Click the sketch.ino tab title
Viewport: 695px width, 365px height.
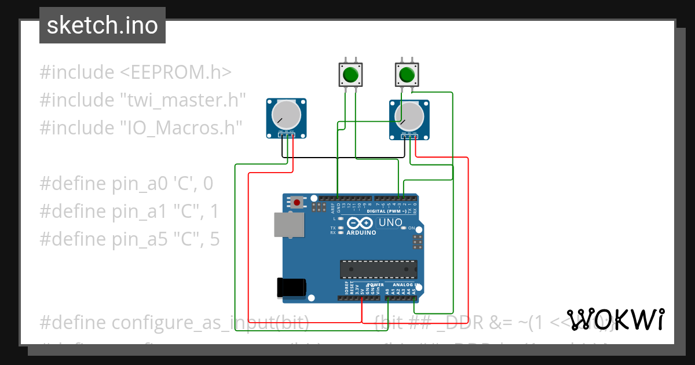(102, 25)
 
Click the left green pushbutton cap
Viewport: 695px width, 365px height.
(350, 75)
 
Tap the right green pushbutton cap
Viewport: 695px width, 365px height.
(407, 75)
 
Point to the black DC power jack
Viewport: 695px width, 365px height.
(291, 287)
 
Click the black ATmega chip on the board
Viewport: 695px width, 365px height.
(378, 269)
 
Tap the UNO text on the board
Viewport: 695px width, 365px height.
(390, 222)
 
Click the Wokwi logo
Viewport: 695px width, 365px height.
(615, 320)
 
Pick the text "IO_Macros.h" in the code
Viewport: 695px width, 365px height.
(180, 127)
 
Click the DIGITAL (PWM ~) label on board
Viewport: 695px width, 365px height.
(387, 211)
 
